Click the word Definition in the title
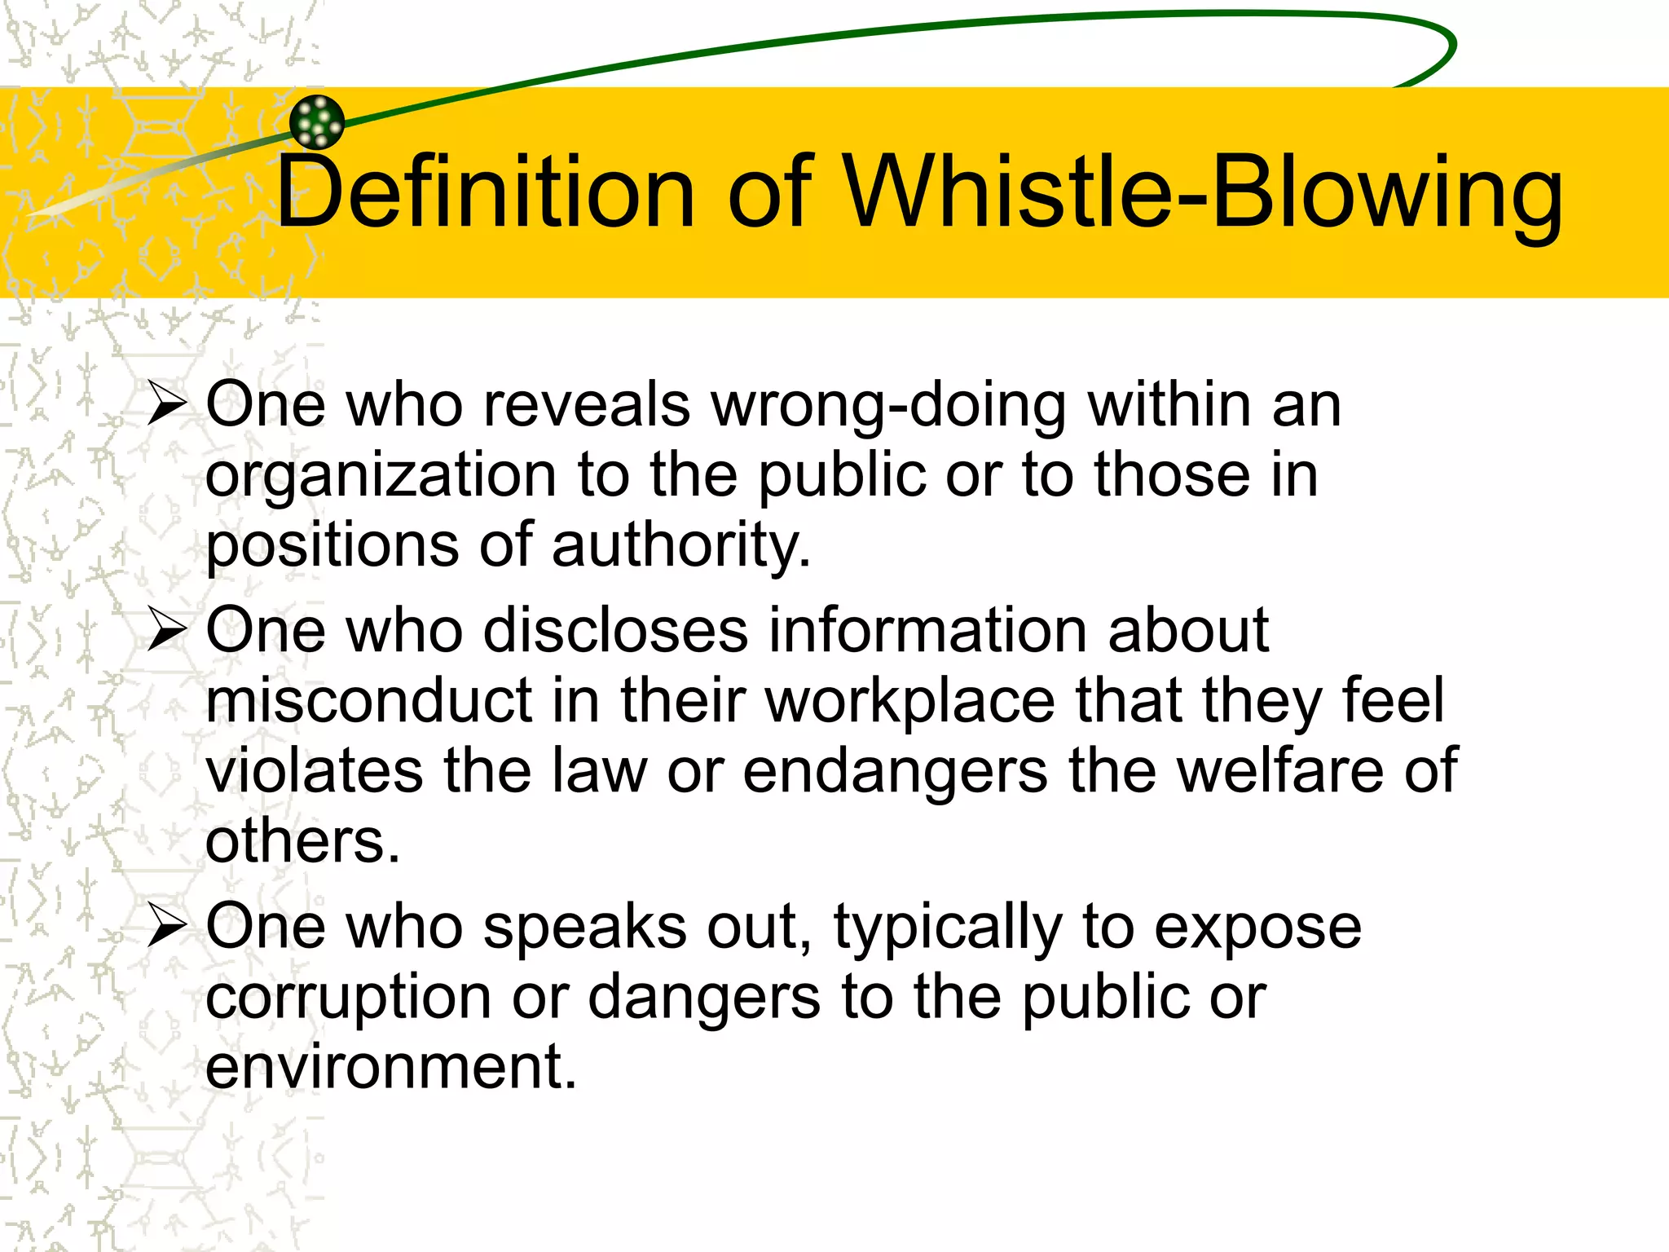tap(486, 192)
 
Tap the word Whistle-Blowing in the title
tap(1202, 192)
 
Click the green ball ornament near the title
tap(317, 122)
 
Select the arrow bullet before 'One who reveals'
tap(168, 404)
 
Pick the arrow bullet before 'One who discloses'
tap(168, 631)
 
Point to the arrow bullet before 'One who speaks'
tap(168, 928)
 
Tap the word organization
tap(381, 476)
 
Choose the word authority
tap(680, 545)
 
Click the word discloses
tap(615, 631)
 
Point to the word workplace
tap(910, 701)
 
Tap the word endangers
tap(895, 771)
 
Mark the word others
tap(302, 841)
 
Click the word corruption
tap(348, 998)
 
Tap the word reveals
tap(587, 405)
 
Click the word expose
tap(1258, 928)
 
